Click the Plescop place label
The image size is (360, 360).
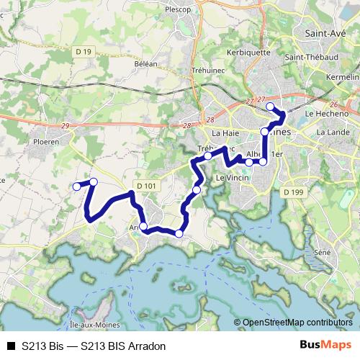tap(178, 10)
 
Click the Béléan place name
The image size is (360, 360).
tap(145, 63)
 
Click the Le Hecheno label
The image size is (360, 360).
tap(327, 113)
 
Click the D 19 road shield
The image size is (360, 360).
tap(85, 53)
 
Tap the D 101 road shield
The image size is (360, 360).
tap(145, 185)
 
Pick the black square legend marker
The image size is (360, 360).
tap(10, 346)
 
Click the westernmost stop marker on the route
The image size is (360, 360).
tap(76, 186)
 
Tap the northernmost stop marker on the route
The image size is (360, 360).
tap(271, 107)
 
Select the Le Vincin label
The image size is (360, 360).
tap(233, 177)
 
